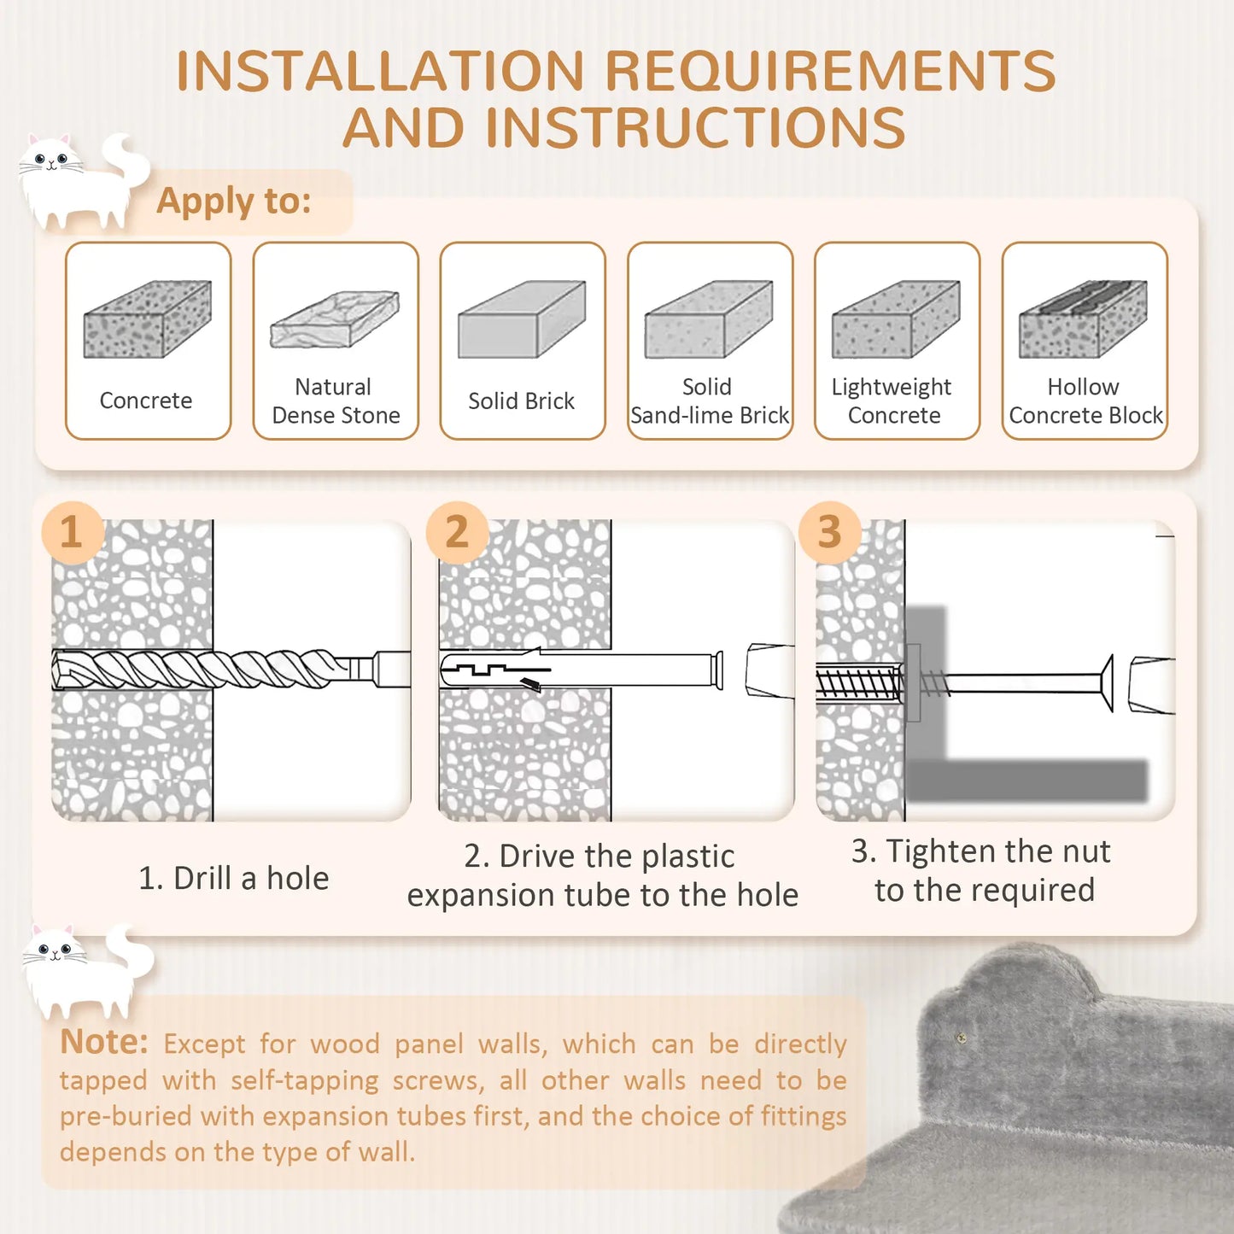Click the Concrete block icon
coord(147,319)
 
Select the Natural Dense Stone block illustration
coord(335,319)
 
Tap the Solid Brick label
coord(521,401)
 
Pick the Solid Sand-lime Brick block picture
coord(709,319)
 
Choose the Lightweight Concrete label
coord(892,401)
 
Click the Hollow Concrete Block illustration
coord(1083,319)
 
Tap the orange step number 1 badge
coord(73,532)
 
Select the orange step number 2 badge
coord(457,532)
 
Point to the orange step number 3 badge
coord(829,532)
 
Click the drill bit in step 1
coord(213,669)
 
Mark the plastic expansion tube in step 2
coord(581,669)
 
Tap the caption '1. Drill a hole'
coord(233,878)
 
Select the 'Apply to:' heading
coord(233,201)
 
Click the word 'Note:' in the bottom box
coord(103,1042)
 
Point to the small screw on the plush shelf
coord(961,1038)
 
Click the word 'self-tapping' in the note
coord(304,1080)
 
